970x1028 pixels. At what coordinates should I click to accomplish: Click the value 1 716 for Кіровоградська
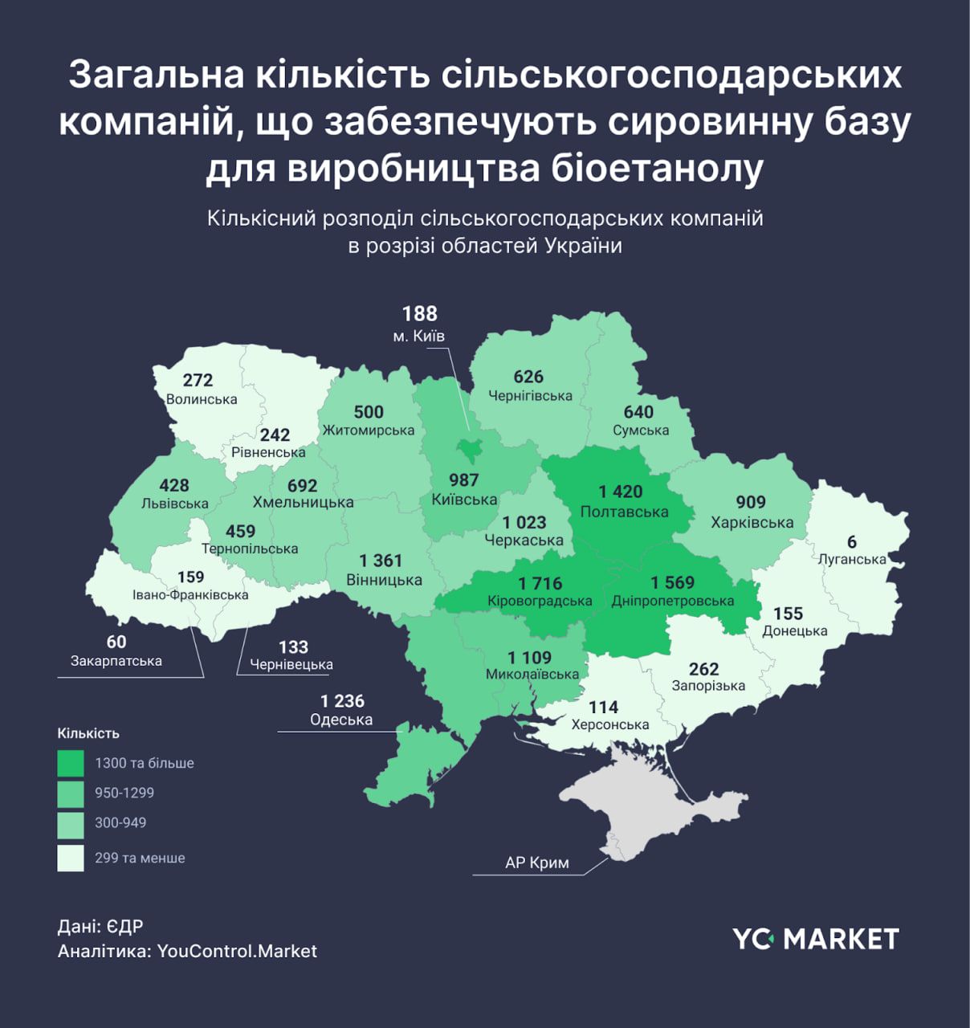click(540, 583)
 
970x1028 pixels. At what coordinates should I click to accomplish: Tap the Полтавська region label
click(624, 512)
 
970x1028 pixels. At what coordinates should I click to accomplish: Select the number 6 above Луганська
click(851, 541)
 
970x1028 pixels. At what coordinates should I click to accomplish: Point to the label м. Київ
click(418, 336)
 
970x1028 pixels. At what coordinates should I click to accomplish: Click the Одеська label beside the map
click(341, 720)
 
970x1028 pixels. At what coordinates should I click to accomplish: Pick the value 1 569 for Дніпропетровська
click(672, 582)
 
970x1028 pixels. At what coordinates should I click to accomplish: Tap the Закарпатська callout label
click(116, 661)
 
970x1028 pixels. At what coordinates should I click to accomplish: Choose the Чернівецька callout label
click(291, 665)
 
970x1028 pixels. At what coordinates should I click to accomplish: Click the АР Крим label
click(537, 863)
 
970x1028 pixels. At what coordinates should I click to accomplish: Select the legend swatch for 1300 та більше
click(71, 763)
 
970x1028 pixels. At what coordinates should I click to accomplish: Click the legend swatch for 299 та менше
click(71, 858)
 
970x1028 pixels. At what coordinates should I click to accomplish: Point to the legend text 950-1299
click(124, 793)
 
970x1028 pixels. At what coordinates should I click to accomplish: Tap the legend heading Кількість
click(88, 733)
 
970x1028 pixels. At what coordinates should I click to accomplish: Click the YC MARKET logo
click(815, 938)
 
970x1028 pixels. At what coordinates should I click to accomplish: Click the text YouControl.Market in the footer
click(237, 951)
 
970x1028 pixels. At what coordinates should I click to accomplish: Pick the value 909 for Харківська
click(751, 502)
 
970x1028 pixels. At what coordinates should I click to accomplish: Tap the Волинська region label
click(202, 399)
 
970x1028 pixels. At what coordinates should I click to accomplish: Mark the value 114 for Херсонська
click(603, 707)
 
